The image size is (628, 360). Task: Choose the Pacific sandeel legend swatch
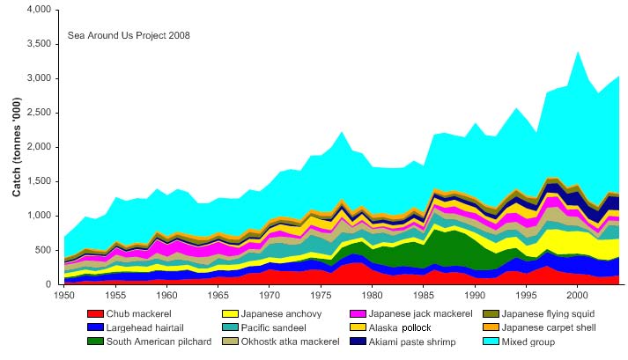point(228,327)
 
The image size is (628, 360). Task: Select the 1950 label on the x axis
point(63,292)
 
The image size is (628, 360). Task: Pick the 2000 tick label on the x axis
point(578,292)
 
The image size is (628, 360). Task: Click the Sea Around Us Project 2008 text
point(129,36)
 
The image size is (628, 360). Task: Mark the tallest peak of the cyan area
point(578,51)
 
